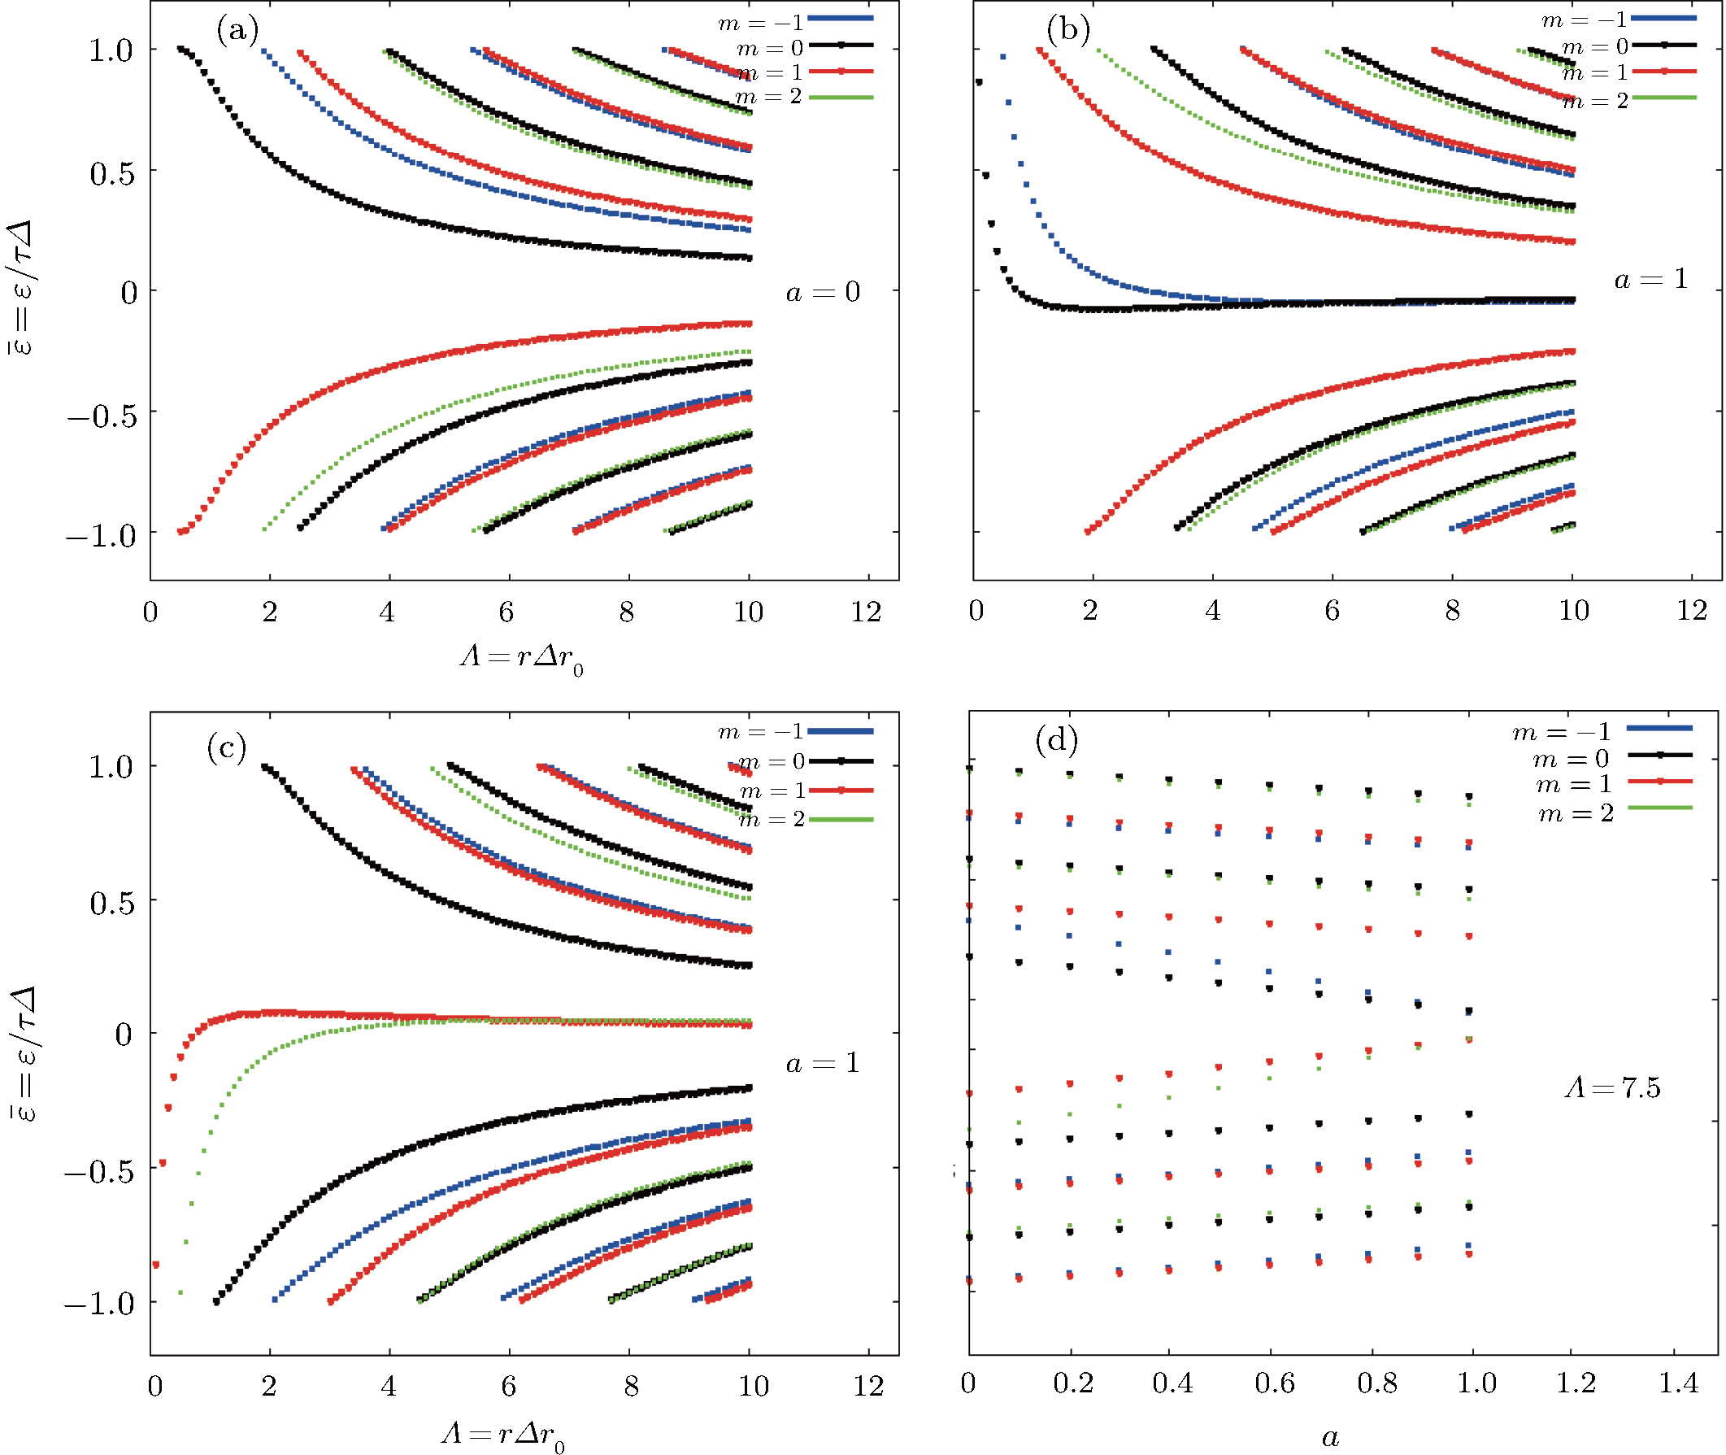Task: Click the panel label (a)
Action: (237, 32)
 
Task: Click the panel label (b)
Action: (1068, 31)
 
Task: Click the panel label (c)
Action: (227, 748)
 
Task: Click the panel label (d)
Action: (1056, 740)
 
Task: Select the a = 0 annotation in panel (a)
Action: (822, 292)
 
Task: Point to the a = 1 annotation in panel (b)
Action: (1651, 280)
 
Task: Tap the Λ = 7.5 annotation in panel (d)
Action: (1612, 1088)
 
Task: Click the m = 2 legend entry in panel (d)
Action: (1576, 814)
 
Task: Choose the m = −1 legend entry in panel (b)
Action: (1584, 20)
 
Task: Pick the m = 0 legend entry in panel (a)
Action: (769, 48)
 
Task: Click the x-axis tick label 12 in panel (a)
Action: (866, 612)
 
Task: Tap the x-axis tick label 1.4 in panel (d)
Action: (1678, 1383)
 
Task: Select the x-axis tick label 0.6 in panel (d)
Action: (1274, 1383)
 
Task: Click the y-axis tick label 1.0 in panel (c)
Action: (111, 767)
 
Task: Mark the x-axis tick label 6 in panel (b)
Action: (1332, 610)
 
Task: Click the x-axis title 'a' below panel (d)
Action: (1330, 1437)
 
